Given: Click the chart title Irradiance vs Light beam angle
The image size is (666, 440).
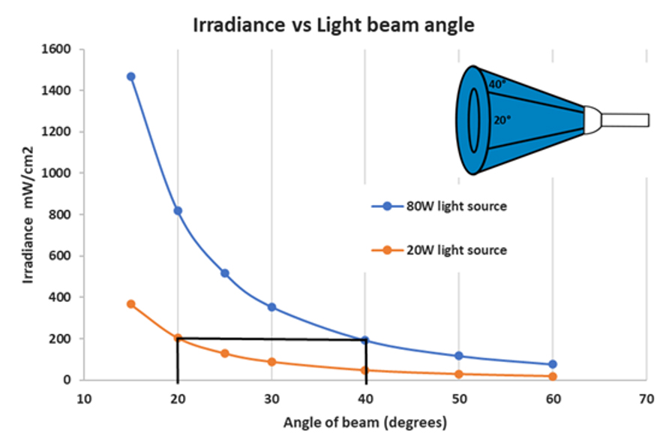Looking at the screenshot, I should pyautogui.click(x=334, y=24).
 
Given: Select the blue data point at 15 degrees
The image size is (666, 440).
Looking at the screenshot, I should pyautogui.click(x=130, y=77).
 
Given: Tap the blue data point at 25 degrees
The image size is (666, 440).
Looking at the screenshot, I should pyautogui.click(x=224, y=273).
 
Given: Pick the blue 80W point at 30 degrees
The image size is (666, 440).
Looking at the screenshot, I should pyautogui.click(x=271, y=307).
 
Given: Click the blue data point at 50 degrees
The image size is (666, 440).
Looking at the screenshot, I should pyautogui.click(x=459, y=356).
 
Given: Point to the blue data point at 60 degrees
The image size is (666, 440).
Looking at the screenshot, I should pyautogui.click(x=553, y=364).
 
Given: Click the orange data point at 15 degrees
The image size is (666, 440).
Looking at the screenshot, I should pyautogui.click(x=130, y=304).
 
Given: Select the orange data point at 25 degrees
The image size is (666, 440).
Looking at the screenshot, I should pyautogui.click(x=224, y=354).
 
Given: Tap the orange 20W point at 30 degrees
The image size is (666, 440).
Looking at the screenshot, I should pyautogui.click(x=271, y=362).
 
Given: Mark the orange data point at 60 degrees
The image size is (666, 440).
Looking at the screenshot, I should pyautogui.click(x=553, y=376).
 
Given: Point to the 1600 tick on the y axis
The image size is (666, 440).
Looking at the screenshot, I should pyautogui.click(x=58, y=50).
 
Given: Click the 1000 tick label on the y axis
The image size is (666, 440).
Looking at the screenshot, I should pyautogui.click(x=58, y=173).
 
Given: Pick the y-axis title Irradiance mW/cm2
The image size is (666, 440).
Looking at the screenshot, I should pyautogui.click(x=28, y=215).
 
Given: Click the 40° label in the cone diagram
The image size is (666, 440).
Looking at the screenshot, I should pyautogui.click(x=496, y=85).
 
